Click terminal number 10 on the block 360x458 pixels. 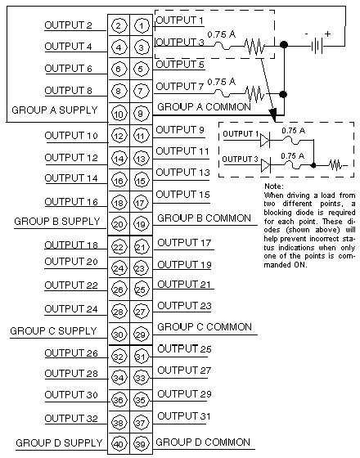point(119,114)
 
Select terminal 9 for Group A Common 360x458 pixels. point(141,114)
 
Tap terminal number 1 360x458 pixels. point(141,25)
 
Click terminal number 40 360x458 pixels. point(119,444)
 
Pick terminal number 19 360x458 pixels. point(141,224)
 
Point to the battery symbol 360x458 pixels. point(317,46)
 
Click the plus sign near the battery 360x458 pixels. point(327,34)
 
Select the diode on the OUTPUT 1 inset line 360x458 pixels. point(265,140)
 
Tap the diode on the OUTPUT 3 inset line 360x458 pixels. point(265,165)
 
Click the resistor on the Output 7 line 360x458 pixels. point(255,94)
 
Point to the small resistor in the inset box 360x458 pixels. point(335,165)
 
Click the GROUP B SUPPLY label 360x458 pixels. point(57,222)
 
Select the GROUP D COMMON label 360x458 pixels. point(203,442)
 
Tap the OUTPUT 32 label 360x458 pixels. point(71,419)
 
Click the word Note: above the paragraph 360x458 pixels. point(274,186)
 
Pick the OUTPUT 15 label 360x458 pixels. point(183,195)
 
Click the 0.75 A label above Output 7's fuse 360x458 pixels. point(221,82)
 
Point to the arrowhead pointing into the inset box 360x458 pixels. point(273,114)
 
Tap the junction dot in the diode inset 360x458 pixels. point(313,165)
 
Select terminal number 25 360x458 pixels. point(141,290)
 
